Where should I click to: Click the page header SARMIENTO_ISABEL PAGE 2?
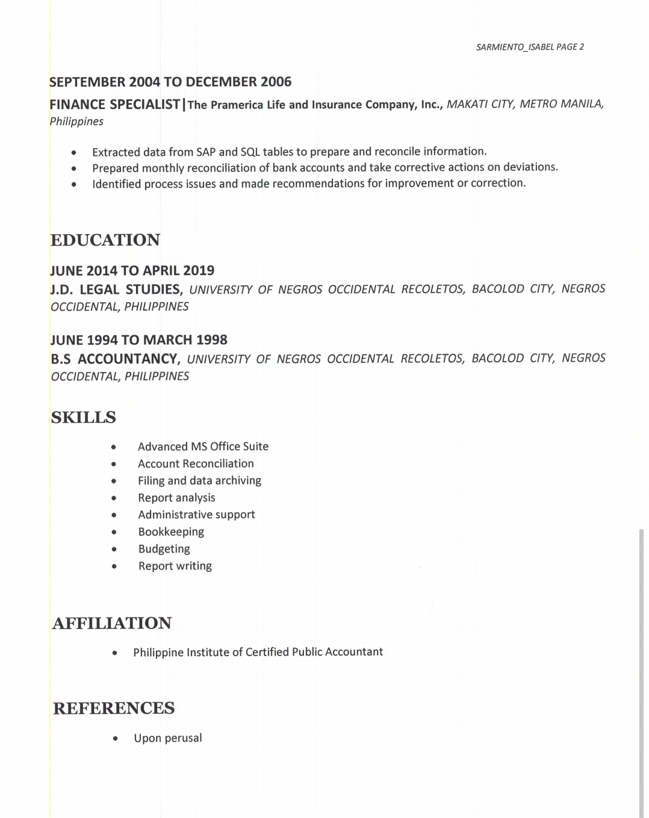(530, 47)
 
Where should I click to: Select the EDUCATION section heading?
(105, 240)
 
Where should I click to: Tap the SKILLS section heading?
(84, 417)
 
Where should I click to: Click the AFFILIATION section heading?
(112, 623)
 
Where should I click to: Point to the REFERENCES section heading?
(114, 708)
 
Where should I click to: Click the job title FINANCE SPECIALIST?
(115, 105)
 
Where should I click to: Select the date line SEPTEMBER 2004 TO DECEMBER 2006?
(170, 82)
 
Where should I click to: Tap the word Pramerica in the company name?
(238, 105)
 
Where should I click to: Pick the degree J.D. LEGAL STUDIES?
(116, 290)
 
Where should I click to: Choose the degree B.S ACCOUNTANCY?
(114, 359)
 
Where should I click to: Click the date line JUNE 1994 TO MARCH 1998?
(139, 339)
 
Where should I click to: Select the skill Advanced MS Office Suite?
(203, 447)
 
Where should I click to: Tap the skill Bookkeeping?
(171, 531)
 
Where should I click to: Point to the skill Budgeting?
(164, 549)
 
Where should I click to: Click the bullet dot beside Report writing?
(114, 566)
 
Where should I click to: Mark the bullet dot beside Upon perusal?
(114, 739)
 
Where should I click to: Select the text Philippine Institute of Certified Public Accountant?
(258, 652)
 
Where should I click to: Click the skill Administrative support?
(196, 515)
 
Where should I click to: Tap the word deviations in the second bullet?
(530, 167)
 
